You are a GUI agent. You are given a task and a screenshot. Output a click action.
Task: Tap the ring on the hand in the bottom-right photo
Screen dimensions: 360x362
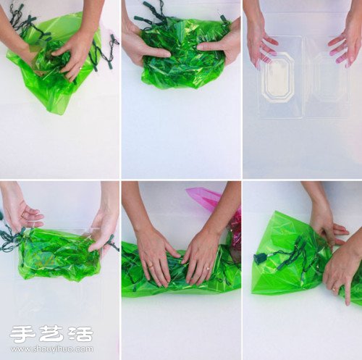334,288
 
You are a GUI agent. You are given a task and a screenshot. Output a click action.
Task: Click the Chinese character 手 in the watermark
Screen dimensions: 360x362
22,334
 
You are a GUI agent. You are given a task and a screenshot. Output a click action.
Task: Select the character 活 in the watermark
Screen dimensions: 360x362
80,334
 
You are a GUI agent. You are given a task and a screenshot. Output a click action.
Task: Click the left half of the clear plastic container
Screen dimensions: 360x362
279,76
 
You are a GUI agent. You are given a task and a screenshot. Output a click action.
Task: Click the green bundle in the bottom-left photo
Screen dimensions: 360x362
58,254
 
